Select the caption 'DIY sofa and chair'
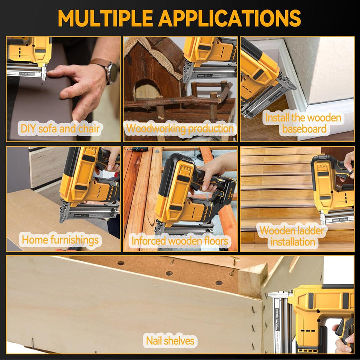(x=60, y=128)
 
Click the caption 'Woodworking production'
(x=180, y=128)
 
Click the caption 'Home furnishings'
(x=60, y=240)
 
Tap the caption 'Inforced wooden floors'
(x=180, y=241)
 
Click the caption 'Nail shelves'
(x=170, y=341)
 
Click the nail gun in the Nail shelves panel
(x=315, y=315)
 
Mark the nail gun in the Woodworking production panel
(x=207, y=57)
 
